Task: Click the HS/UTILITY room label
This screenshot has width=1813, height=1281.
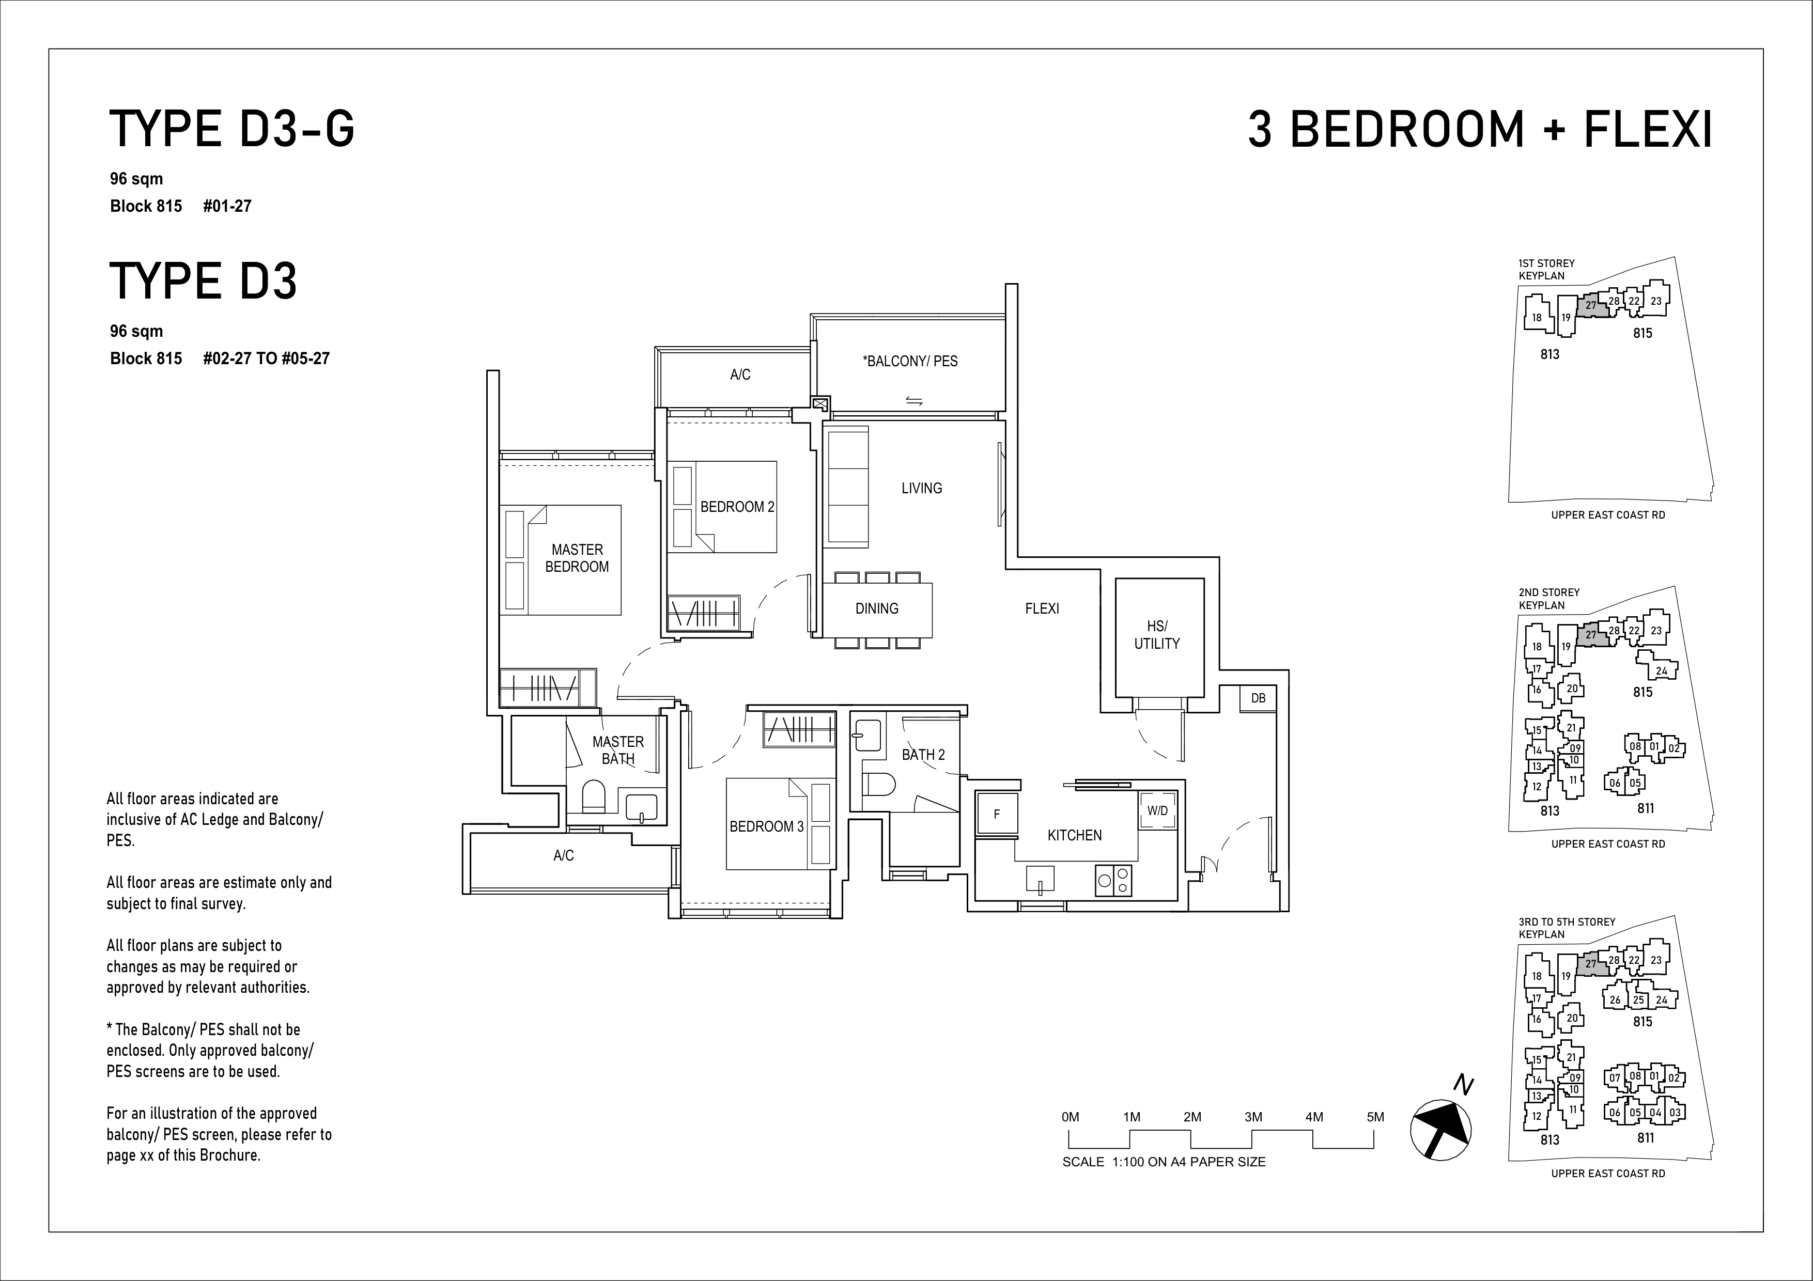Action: coord(1157,635)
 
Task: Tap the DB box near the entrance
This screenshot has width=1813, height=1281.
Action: coord(1258,698)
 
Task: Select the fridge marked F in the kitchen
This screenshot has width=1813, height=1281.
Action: coord(997,814)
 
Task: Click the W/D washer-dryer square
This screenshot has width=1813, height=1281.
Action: coord(1158,810)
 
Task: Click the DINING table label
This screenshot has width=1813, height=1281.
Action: coord(876,608)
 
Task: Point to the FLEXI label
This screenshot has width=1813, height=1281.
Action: coord(1042,608)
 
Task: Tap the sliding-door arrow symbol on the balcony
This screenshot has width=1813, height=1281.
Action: coord(913,401)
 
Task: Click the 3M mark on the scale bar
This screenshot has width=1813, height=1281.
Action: coord(1253,1117)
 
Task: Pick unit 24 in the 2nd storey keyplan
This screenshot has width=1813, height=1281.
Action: coord(1662,671)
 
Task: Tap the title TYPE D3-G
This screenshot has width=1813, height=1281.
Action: coord(231,130)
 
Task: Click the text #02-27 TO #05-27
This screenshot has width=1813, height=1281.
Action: coord(266,358)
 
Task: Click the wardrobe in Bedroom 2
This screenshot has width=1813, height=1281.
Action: coord(704,613)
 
